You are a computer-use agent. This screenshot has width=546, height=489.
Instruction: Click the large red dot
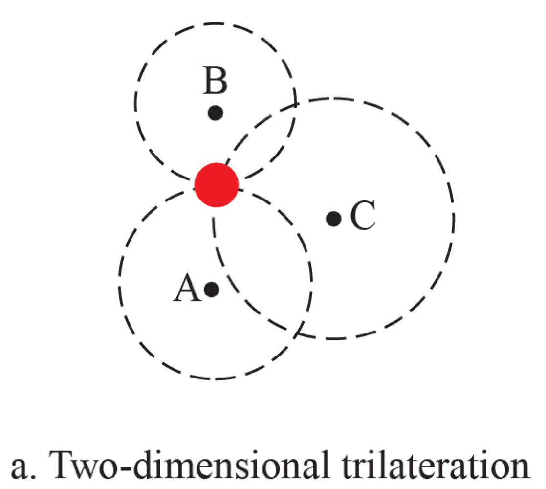216,184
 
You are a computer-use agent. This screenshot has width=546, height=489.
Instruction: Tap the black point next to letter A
211,289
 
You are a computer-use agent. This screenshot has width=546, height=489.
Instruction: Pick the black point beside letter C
333,218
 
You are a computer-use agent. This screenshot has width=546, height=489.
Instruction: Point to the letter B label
216,82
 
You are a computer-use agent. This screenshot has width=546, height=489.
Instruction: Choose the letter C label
363,217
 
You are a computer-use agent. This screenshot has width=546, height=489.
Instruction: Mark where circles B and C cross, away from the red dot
295,103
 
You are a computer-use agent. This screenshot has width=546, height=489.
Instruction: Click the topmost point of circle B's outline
216,22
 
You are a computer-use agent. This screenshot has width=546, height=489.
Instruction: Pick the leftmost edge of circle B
134,103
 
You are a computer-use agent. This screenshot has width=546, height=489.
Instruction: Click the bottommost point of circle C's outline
334,338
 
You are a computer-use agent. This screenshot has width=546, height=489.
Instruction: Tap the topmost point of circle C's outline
334,99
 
